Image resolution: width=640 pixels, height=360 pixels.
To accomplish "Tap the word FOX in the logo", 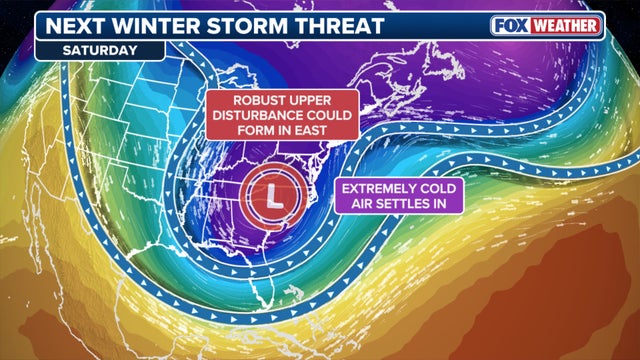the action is click(x=511, y=25).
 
